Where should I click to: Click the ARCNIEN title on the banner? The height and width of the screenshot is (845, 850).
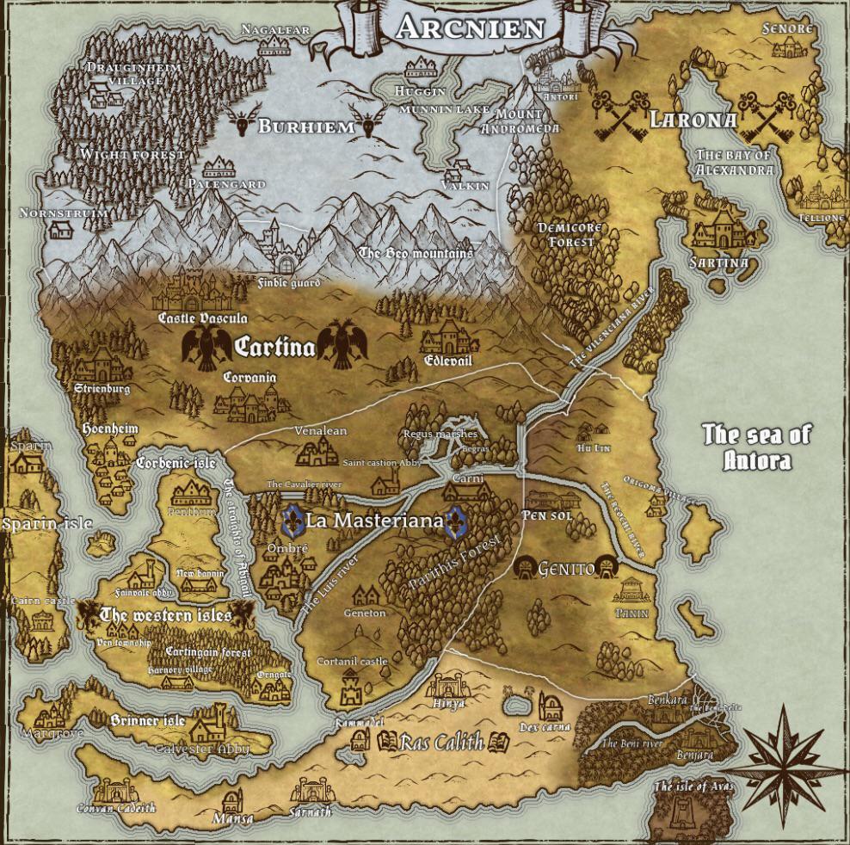tap(471, 28)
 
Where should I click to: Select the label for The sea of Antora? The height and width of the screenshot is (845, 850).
tap(756, 447)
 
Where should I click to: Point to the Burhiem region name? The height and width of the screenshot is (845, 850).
tap(306, 127)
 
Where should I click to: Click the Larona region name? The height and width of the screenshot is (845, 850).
tap(693, 120)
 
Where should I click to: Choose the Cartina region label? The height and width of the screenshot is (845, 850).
tap(274, 347)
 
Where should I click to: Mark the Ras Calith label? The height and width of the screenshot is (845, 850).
tap(441, 742)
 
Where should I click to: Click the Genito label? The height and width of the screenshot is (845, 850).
tap(566, 569)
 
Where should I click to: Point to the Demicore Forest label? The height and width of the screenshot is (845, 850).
tap(570, 234)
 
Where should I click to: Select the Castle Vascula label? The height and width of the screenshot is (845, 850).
tap(203, 318)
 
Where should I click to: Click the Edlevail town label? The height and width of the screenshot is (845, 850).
tap(448, 361)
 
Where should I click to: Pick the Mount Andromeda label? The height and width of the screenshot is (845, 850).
tap(520, 121)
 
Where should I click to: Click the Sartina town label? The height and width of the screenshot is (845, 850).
tap(719, 262)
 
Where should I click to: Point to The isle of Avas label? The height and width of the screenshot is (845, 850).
tap(693, 786)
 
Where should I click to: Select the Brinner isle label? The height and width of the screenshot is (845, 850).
tap(147, 720)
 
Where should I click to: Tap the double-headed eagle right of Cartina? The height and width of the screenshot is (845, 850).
tap(342, 345)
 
